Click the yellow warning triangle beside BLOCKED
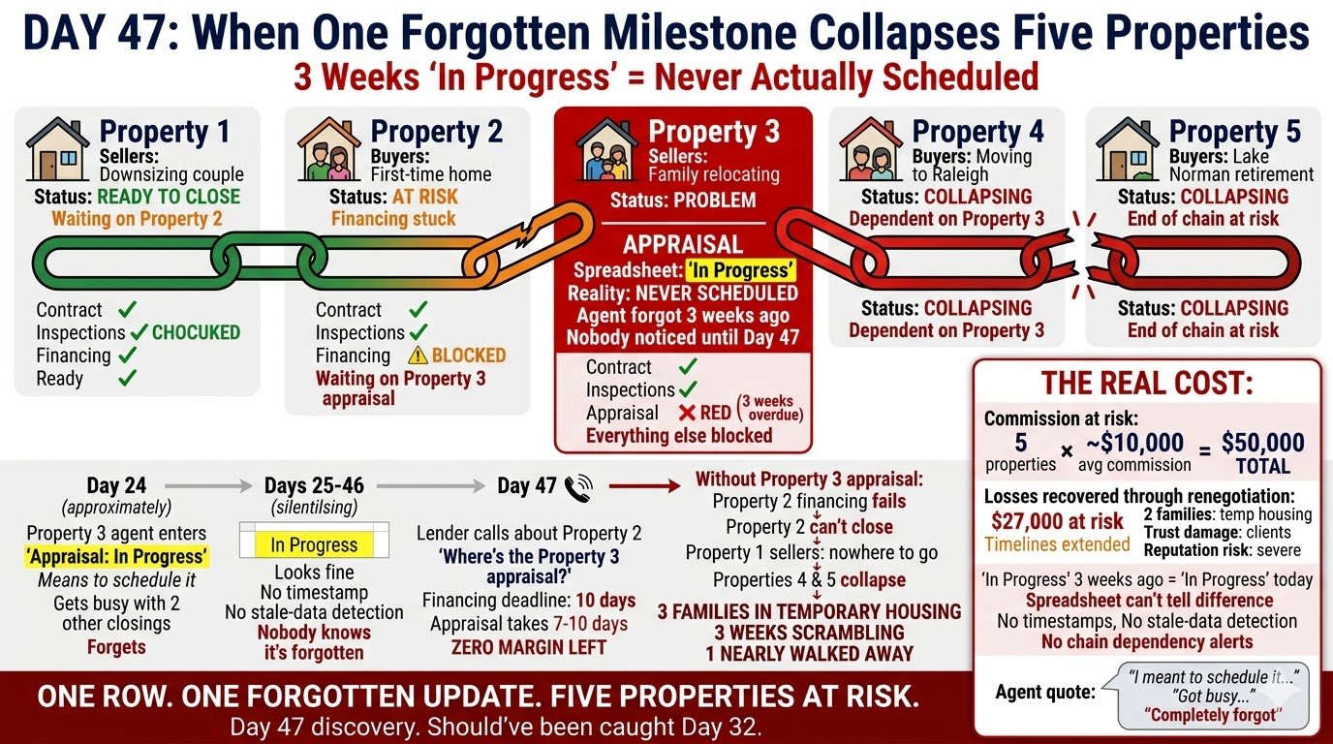(417, 356)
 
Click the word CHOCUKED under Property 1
(196, 332)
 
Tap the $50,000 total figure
(1262, 443)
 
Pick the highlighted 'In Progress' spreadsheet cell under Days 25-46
(314, 544)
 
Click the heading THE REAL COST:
(1148, 383)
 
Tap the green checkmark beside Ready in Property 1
(126, 378)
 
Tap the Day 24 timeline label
(116, 485)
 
